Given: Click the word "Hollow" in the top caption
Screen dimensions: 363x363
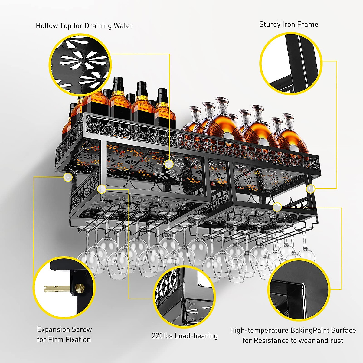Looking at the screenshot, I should [x=47, y=26].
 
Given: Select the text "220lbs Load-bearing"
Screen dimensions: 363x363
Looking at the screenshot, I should [x=185, y=336].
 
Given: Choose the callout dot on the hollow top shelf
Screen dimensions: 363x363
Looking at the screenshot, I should [x=169, y=164].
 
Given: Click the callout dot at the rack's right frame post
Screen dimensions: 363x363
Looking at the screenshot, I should [x=310, y=189].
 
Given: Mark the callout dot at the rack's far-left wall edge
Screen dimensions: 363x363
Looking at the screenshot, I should [x=68, y=177].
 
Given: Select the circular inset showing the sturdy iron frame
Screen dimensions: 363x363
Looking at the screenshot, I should [x=291, y=64].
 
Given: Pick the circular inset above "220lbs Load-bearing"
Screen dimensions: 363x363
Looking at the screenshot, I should [x=184, y=297].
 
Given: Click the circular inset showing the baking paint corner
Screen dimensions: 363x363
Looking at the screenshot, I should [x=299, y=290].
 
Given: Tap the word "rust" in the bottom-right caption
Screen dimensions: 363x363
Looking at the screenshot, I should [x=336, y=341].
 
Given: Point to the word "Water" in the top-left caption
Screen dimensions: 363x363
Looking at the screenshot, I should [x=123, y=26].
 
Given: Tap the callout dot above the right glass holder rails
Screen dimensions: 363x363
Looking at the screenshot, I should [x=277, y=207].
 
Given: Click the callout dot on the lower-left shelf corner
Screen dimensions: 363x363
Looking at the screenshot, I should [x=102, y=190].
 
